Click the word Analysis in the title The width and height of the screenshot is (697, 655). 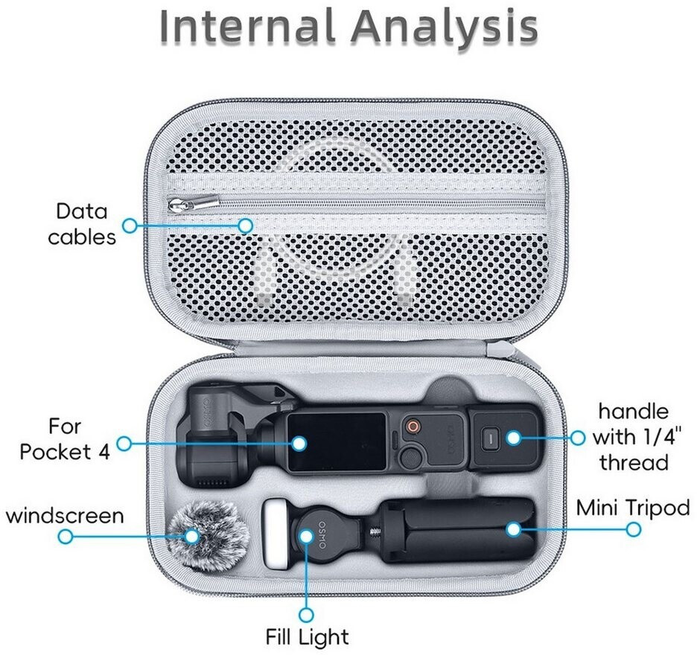[x=445, y=28]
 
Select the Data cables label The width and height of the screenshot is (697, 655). [x=82, y=224]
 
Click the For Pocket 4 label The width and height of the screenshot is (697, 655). [x=65, y=439]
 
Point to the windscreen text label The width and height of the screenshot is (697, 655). [x=65, y=516]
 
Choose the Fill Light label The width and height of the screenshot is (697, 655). [x=307, y=636]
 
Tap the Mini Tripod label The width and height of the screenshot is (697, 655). [x=633, y=508]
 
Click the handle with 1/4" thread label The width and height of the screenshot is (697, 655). [x=634, y=437]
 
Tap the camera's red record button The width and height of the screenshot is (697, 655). [x=413, y=427]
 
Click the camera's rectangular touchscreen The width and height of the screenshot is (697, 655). [x=337, y=443]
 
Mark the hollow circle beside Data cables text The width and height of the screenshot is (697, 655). [x=130, y=226]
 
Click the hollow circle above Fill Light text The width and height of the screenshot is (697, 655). [x=306, y=615]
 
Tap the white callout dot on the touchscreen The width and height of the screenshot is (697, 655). [x=299, y=443]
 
